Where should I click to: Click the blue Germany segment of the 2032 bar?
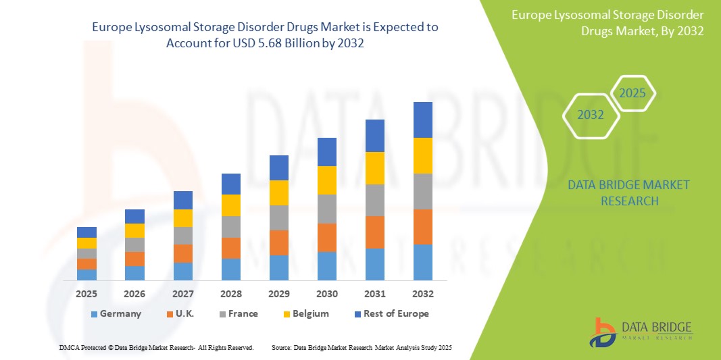pyautogui.click(x=423, y=262)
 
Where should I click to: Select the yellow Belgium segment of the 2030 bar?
pyautogui.click(x=327, y=180)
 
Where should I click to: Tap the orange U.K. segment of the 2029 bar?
pyautogui.click(x=279, y=242)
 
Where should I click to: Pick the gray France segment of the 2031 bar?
pyautogui.click(x=375, y=200)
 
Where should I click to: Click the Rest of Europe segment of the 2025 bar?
pyautogui.click(x=86, y=232)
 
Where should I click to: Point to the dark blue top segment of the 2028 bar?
pyautogui.click(x=231, y=184)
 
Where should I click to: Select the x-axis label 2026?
pyautogui.click(x=134, y=294)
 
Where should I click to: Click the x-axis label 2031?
pyautogui.click(x=375, y=294)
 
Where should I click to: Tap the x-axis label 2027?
pyautogui.click(x=182, y=294)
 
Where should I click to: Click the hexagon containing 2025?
pyautogui.click(x=632, y=93)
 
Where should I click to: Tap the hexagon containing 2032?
pyautogui.click(x=591, y=115)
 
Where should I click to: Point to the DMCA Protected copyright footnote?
pyautogui.click(x=155, y=347)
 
